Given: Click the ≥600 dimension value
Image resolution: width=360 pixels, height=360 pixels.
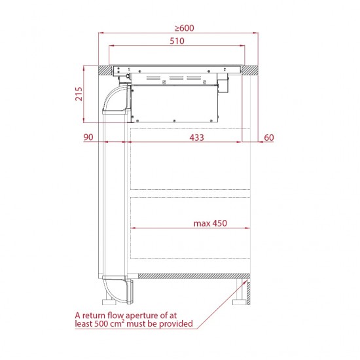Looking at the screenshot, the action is pos(185,28).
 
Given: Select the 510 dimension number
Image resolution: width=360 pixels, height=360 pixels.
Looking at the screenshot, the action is pos(177,41).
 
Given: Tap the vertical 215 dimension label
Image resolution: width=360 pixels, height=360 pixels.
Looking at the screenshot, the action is pos(79,94).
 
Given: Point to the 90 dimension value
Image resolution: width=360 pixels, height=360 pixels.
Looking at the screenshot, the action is pos(88,137).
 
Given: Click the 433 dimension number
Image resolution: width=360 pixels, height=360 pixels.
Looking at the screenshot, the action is pos(196,137).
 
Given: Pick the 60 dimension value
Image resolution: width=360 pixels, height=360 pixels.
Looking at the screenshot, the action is pos(269,137).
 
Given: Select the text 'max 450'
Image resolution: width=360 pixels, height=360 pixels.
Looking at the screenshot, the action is pos(210,223).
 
